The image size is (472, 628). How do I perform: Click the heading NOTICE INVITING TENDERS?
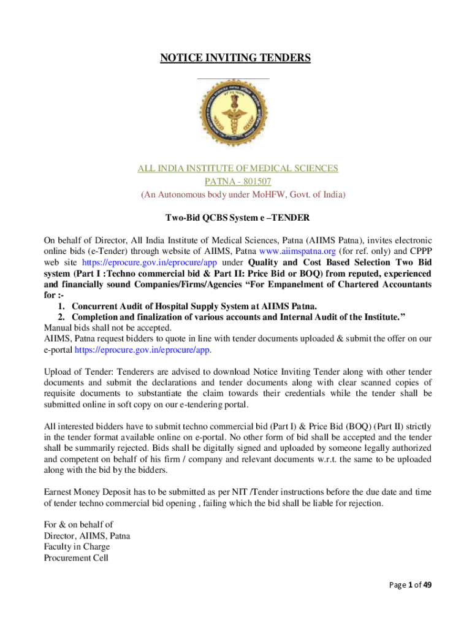235,58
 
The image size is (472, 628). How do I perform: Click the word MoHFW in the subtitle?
266,195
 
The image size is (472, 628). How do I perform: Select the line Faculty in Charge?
74,547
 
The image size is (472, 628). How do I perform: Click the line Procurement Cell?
76,558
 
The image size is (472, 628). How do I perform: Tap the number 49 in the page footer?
427,585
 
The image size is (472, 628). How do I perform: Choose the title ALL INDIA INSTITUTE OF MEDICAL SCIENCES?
237,169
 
